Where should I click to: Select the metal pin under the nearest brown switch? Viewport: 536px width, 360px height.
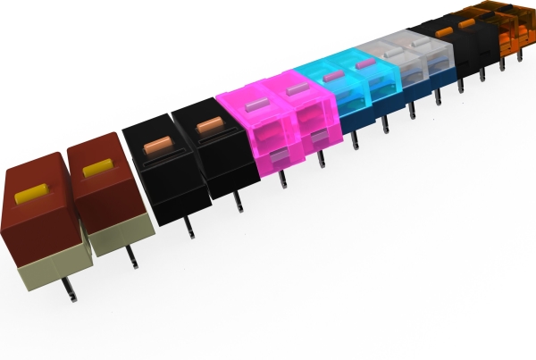click(67, 285)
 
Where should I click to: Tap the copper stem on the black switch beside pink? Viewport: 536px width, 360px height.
click(208, 123)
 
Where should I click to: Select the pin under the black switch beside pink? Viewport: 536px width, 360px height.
click(237, 202)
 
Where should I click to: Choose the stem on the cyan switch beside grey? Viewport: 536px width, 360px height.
click(364, 64)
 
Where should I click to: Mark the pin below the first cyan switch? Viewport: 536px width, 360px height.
click(356, 139)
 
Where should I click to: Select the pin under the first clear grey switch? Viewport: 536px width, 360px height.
click(412, 112)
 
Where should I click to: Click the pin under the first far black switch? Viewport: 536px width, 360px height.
click(460, 87)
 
